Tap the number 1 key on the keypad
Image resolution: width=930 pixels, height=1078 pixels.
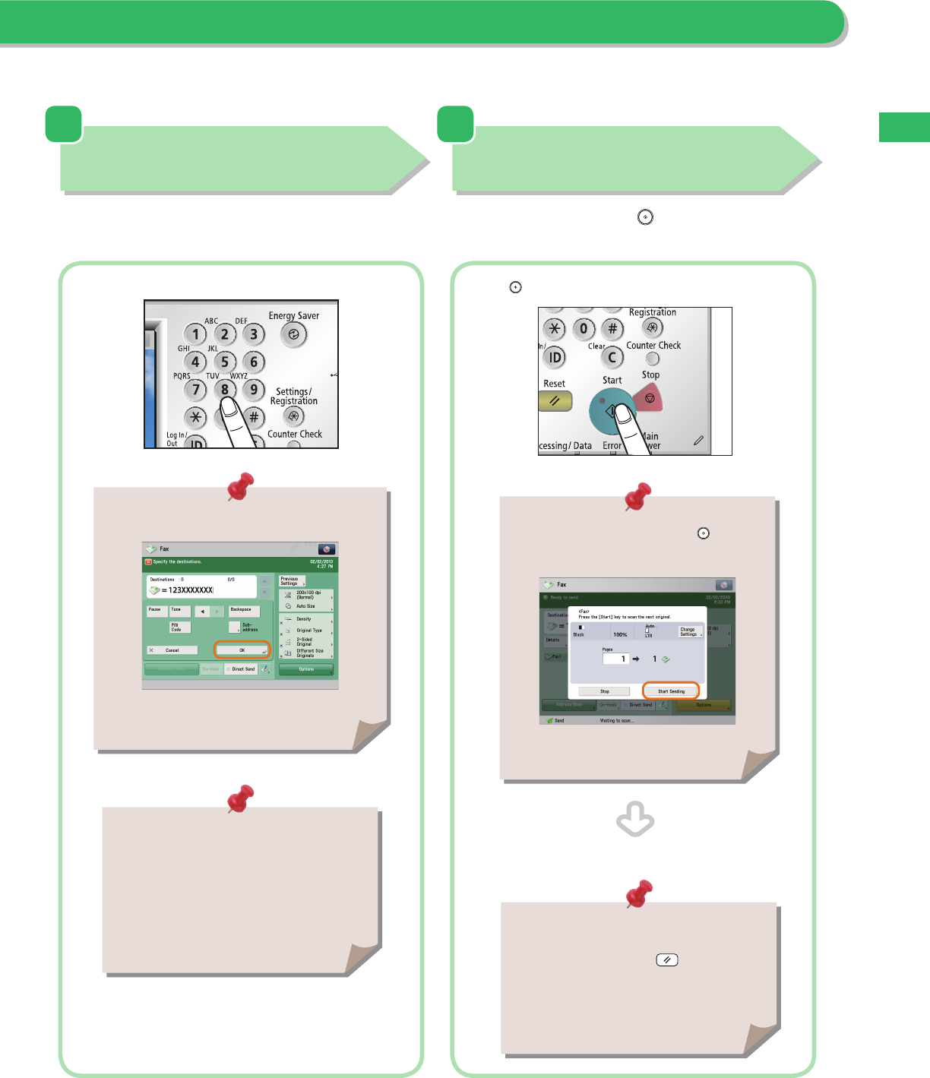195,334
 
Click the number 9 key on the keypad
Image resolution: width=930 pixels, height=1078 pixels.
254,390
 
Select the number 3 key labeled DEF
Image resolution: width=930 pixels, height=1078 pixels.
254,334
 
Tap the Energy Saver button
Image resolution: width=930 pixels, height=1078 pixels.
293,334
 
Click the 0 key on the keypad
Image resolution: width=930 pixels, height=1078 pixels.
584,329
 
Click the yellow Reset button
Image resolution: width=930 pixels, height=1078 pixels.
555,400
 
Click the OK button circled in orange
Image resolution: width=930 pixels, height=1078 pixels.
242,650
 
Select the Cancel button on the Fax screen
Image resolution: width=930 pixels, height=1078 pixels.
172,650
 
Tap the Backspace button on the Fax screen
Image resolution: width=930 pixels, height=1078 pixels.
243,610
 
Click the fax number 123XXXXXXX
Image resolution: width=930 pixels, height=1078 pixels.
191,590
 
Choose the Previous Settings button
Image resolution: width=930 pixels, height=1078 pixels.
290,581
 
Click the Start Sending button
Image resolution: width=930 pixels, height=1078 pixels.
671,691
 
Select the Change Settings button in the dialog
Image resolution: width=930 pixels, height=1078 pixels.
689,631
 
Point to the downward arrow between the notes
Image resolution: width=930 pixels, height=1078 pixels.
635,820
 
